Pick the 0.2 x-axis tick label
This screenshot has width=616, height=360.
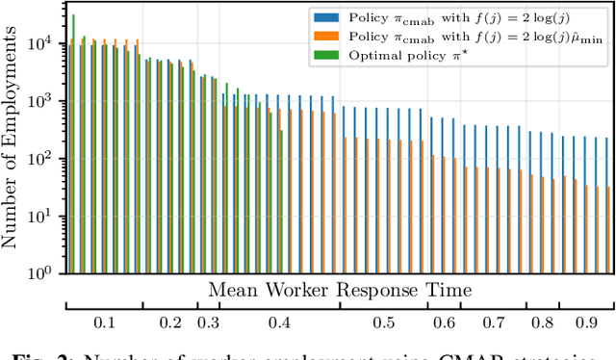[x=170, y=324]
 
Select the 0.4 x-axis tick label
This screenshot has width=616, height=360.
[x=280, y=324]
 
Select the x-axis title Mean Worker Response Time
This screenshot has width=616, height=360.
[x=340, y=289]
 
